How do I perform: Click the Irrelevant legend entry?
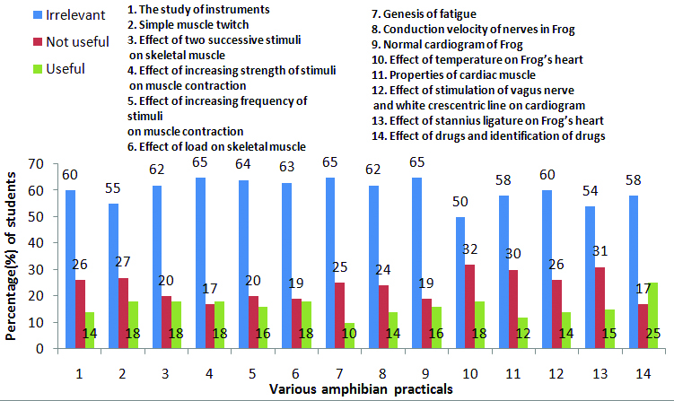pyautogui.click(x=41, y=15)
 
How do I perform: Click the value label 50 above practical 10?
pyautogui.click(x=460, y=202)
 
